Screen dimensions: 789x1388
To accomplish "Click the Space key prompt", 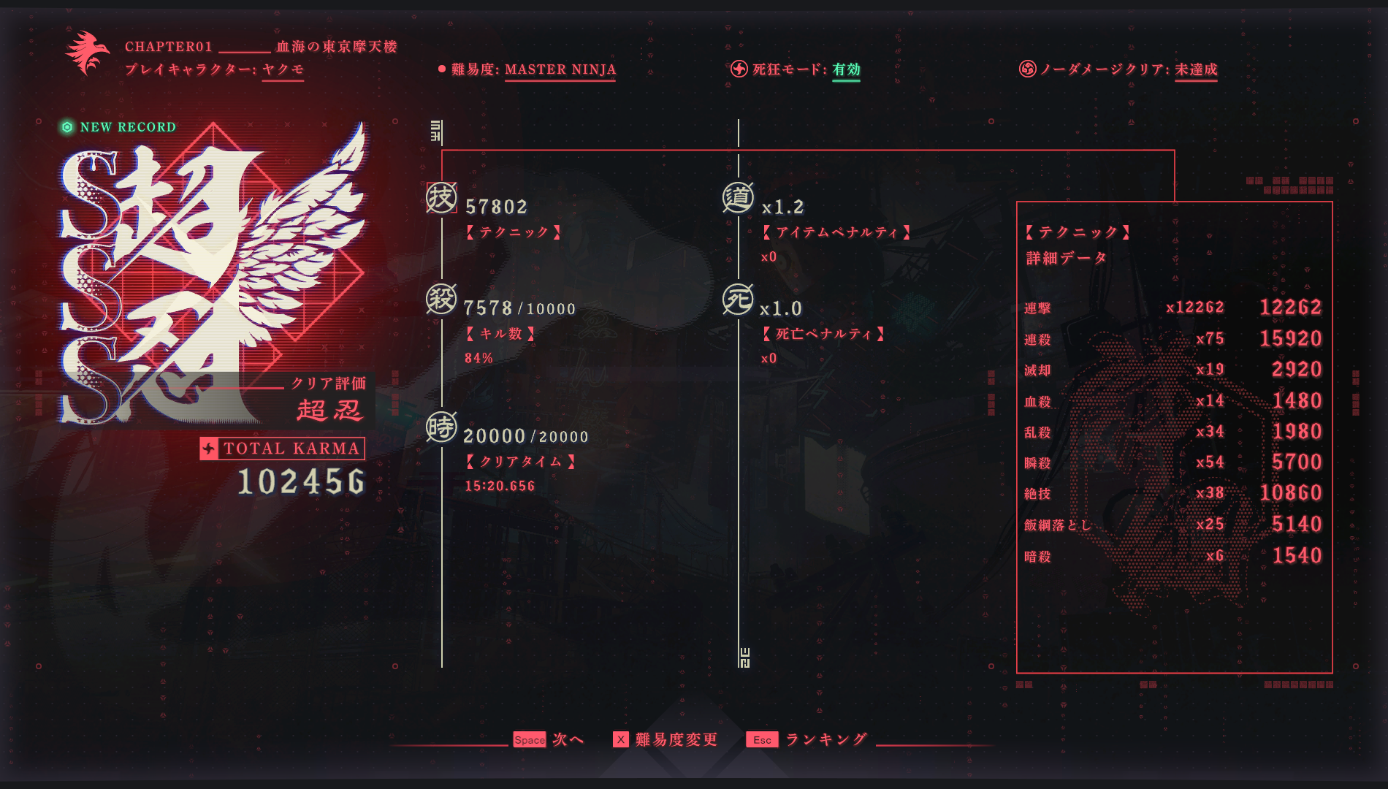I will click(x=529, y=740).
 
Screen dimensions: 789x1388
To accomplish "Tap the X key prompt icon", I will click(x=620, y=740).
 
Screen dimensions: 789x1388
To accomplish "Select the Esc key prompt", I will click(x=762, y=740).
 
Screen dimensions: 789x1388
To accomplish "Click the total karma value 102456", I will click(x=301, y=482).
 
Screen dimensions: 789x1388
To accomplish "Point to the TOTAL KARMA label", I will click(x=291, y=449).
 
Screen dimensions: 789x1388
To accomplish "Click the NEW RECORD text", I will click(x=128, y=127).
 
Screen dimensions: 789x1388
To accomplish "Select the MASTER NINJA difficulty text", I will click(x=560, y=69).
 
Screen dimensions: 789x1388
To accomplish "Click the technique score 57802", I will click(x=496, y=207).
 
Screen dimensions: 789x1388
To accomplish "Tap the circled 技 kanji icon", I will click(x=441, y=198).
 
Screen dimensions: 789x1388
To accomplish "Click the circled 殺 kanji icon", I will click(x=441, y=300).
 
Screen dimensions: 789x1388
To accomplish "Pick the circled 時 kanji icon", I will click(x=441, y=427).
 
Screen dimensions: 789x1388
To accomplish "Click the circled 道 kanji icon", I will click(x=738, y=198).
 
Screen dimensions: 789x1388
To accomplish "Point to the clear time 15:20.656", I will click(x=500, y=487).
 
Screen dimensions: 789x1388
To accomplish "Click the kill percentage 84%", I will click(x=478, y=359).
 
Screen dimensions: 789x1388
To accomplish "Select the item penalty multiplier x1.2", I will click(x=782, y=207).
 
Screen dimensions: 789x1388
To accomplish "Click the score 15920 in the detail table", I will click(x=1290, y=339).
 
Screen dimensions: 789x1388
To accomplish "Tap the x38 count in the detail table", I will click(x=1210, y=493).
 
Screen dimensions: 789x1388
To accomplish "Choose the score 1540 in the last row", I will click(x=1297, y=556).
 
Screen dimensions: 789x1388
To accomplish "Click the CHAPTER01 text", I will click(x=168, y=47).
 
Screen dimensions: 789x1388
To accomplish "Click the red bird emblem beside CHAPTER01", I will click(x=87, y=53).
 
